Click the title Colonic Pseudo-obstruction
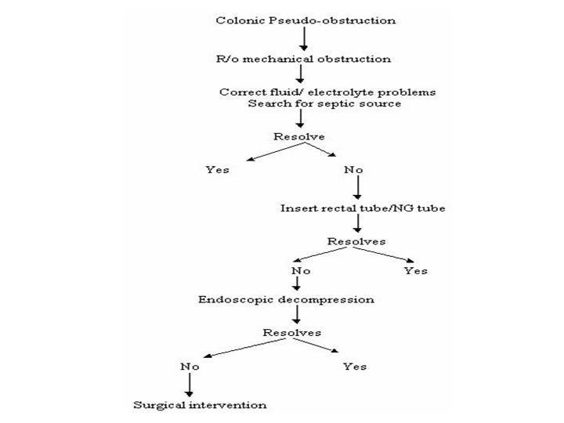[305, 20]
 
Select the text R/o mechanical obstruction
[304, 59]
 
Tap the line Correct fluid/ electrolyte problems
[327, 92]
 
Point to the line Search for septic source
[324, 103]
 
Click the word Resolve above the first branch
[299, 136]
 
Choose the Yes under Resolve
[217, 169]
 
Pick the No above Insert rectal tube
[353, 169]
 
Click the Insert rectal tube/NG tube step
[363, 208]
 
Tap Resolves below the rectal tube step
[356, 241]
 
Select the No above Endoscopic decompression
[301, 270]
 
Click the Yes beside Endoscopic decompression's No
[415, 270]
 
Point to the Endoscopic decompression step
[286, 299]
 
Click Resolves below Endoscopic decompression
[291, 333]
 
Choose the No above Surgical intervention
[190, 367]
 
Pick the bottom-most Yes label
[355, 367]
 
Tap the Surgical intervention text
[200, 405]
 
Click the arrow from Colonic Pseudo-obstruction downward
[304, 39]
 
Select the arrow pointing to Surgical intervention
[190, 385]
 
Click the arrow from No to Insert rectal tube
[357, 187]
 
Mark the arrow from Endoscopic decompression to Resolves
[296, 314]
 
